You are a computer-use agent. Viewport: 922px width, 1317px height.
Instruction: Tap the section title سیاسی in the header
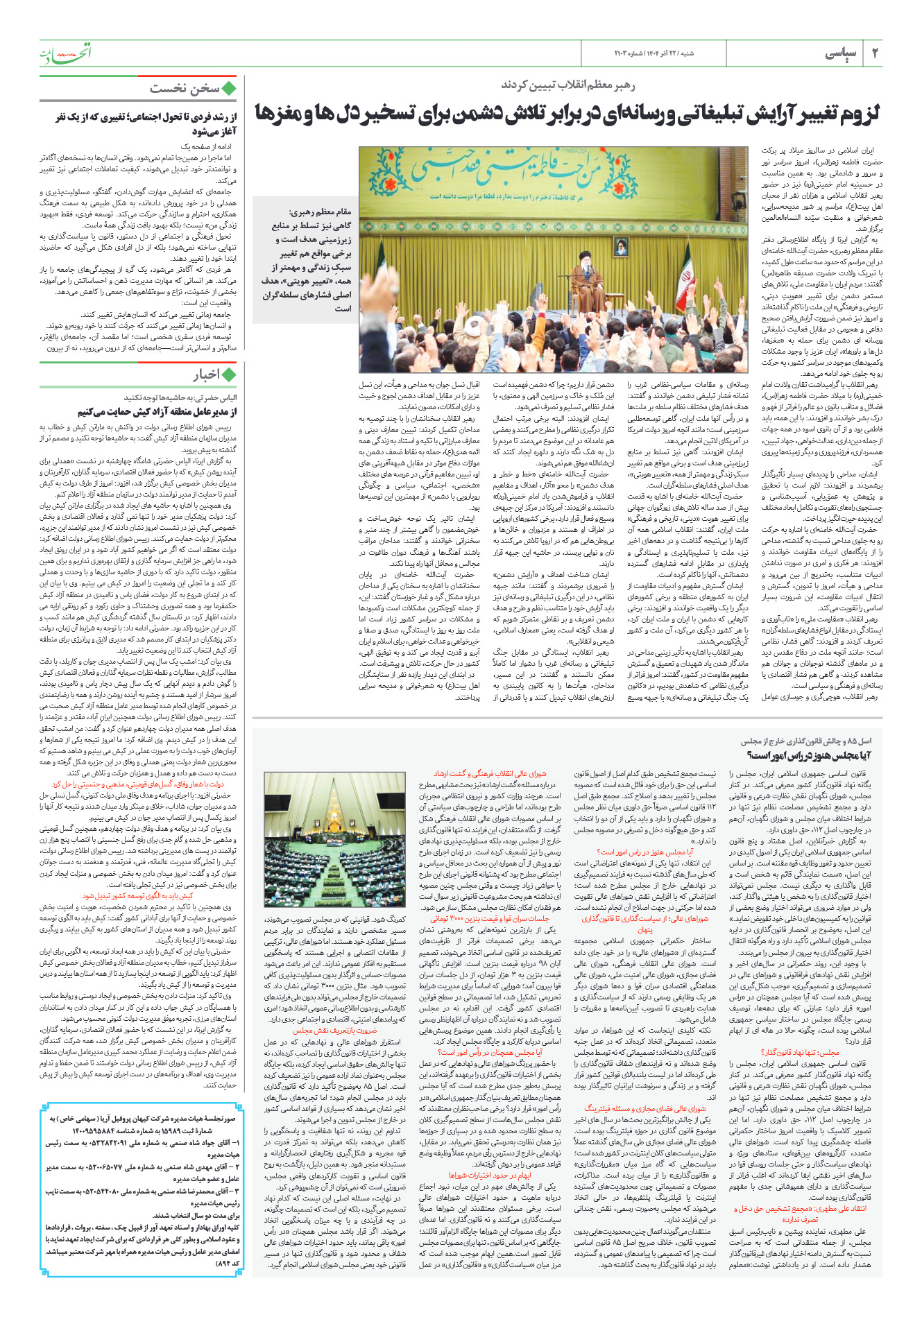(x=840, y=53)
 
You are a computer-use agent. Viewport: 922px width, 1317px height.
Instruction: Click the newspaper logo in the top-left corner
(x=65, y=52)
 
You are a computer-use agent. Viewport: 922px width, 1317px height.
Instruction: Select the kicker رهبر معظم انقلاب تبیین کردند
(x=568, y=85)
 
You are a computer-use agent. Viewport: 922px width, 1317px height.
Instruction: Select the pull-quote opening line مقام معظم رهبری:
(x=320, y=212)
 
